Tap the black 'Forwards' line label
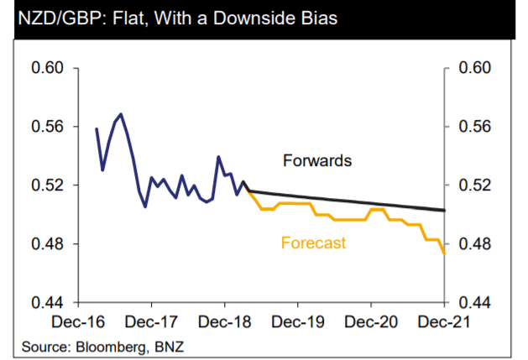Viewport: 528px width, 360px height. pyautogui.click(x=317, y=159)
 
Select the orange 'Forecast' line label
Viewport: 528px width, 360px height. pyautogui.click(x=313, y=243)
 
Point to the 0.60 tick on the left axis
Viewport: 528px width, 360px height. pyautogui.click(x=48, y=68)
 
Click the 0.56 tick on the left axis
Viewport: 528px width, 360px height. pyautogui.click(x=48, y=127)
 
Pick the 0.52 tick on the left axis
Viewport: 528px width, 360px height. pyautogui.click(x=48, y=185)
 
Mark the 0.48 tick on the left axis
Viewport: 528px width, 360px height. pyautogui.click(x=48, y=244)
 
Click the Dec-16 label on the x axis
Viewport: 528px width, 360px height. pyautogui.click(x=78, y=322)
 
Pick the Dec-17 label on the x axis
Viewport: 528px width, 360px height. pyautogui.click(x=151, y=322)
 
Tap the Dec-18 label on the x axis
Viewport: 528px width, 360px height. pyautogui.click(x=224, y=322)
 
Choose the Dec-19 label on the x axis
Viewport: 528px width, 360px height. pyautogui.click(x=297, y=322)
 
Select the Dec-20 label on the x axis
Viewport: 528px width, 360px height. pyautogui.click(x=370, y=322)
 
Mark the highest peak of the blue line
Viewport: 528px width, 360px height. pyautogui.click(x=121, y=114)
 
